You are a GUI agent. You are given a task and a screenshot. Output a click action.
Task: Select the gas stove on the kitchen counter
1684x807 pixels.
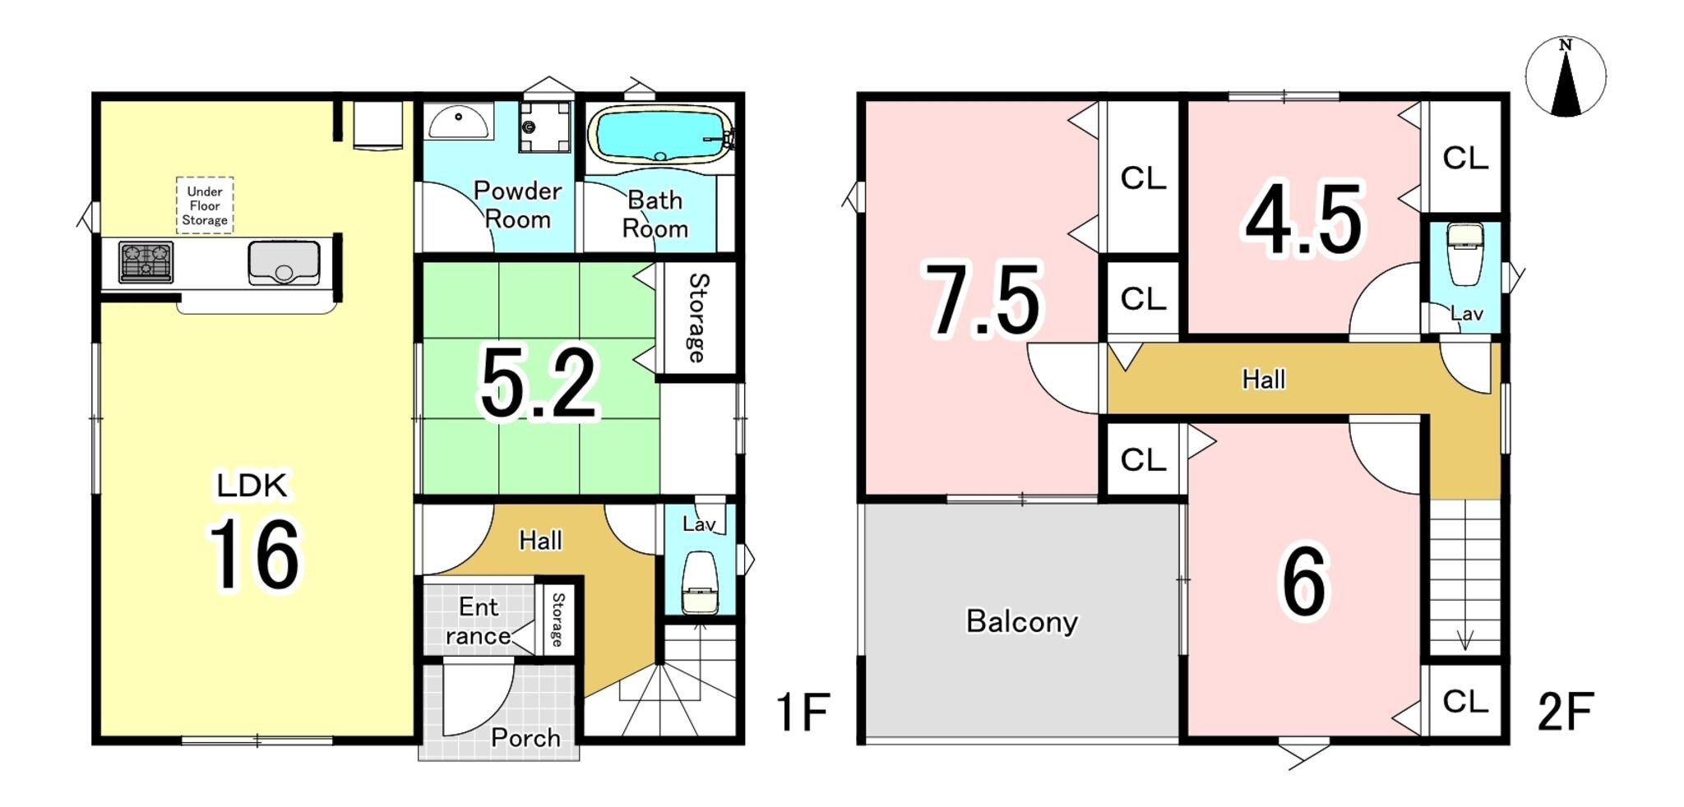point(146,262)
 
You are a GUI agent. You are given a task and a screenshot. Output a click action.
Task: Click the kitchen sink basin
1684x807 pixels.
point(284,262)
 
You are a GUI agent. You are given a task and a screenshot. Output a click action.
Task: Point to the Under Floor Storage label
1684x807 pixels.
point(205,205)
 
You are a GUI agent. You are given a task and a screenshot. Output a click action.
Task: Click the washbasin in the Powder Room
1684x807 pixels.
point(459,122)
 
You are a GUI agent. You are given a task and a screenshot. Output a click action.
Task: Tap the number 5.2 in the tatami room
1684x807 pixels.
point(539,384)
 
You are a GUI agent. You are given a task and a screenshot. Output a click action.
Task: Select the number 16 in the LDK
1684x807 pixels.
point(254,555)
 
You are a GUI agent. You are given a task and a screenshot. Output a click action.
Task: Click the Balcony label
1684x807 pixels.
point(1021,621)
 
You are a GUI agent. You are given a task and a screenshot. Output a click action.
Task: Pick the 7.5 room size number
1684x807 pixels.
point(983,301)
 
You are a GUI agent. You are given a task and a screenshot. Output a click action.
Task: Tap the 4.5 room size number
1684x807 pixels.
point(1304,219)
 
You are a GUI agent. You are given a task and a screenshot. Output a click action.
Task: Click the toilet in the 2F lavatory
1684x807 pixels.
point(1464,254)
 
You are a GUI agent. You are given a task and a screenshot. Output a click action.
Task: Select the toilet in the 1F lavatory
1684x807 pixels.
point(700,582)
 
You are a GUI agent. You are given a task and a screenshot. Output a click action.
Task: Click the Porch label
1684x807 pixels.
point(525,738)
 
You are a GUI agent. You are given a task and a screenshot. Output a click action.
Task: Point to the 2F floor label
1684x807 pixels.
point(1566,712)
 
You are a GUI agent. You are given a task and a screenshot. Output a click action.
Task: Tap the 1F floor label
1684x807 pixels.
point(803,712)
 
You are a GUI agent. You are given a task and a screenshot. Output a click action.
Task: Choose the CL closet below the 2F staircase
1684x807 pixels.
point(1465,702)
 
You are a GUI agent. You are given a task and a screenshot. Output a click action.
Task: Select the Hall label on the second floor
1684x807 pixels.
point(1263,379)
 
